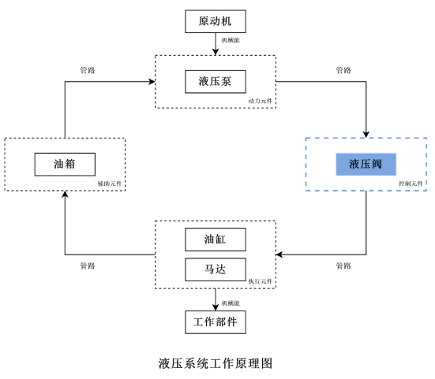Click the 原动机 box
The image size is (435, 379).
[216, 21]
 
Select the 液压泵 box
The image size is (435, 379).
[216, 82]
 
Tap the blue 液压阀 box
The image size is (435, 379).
[366, 164]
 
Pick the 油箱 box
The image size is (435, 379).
[65, 164]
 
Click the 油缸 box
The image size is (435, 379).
[216, 240]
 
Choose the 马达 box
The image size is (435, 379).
[216, 269]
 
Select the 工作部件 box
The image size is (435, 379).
[216, 322]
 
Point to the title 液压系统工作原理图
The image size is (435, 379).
[216, 363]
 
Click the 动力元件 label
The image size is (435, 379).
[261, 101]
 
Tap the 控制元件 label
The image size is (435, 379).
[411, 184]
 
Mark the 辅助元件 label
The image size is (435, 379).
[110, 184]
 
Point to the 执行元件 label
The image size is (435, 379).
[261, 281]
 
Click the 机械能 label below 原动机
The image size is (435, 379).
[231, 40]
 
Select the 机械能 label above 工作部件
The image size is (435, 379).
[231, 303]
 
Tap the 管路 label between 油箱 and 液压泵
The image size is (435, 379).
[88, 70]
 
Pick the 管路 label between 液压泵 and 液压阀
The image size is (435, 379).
[343, 70]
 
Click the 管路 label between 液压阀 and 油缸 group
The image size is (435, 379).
[343, 266]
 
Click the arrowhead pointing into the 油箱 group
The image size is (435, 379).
[65, 194]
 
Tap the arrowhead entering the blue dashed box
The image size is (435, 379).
[366, 135]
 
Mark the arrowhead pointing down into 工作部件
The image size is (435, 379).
[216, 307]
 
